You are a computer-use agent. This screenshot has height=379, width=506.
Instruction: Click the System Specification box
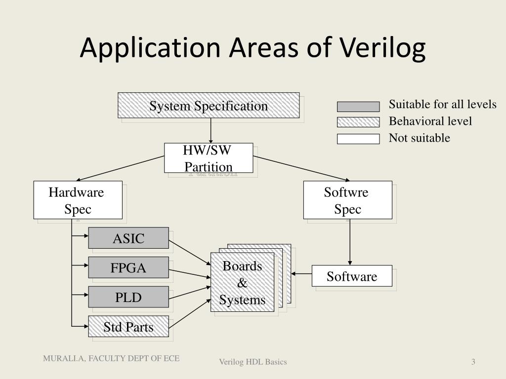click(208, 105)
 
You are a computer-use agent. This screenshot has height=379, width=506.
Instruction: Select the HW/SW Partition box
click(208, 158)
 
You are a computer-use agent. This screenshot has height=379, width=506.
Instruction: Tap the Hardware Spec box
click(78, 200)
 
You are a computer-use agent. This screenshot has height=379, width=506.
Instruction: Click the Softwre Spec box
click(347, 200)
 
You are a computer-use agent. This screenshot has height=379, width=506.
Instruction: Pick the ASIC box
click(128, 238)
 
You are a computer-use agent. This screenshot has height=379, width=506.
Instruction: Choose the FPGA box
click(128, 267)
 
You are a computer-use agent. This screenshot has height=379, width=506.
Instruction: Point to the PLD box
click(128, 297)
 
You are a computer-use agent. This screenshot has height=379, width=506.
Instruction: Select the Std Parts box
click(128, 327)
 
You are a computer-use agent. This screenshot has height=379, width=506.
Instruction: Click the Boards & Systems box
click(242, 282)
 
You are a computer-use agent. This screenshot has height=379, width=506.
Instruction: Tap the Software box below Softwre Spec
click(352, 276)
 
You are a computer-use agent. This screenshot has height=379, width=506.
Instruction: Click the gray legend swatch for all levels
click(358, 107)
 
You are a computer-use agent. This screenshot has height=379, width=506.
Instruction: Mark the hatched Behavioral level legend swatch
click(358, 122)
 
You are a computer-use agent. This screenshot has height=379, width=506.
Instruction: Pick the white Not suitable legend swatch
click(358, 139)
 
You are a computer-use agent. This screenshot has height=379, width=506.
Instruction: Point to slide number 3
click(473, 362)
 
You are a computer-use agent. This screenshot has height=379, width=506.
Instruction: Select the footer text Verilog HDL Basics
click(253, 362)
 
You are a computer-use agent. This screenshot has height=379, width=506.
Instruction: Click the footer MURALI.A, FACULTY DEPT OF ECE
click(111, 358)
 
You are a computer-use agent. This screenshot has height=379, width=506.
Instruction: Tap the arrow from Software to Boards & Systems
click(301, 273)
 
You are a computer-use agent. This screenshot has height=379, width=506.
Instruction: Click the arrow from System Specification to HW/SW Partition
click(211, 130)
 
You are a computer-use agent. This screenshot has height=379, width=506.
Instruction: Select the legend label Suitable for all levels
click(442, 105)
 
